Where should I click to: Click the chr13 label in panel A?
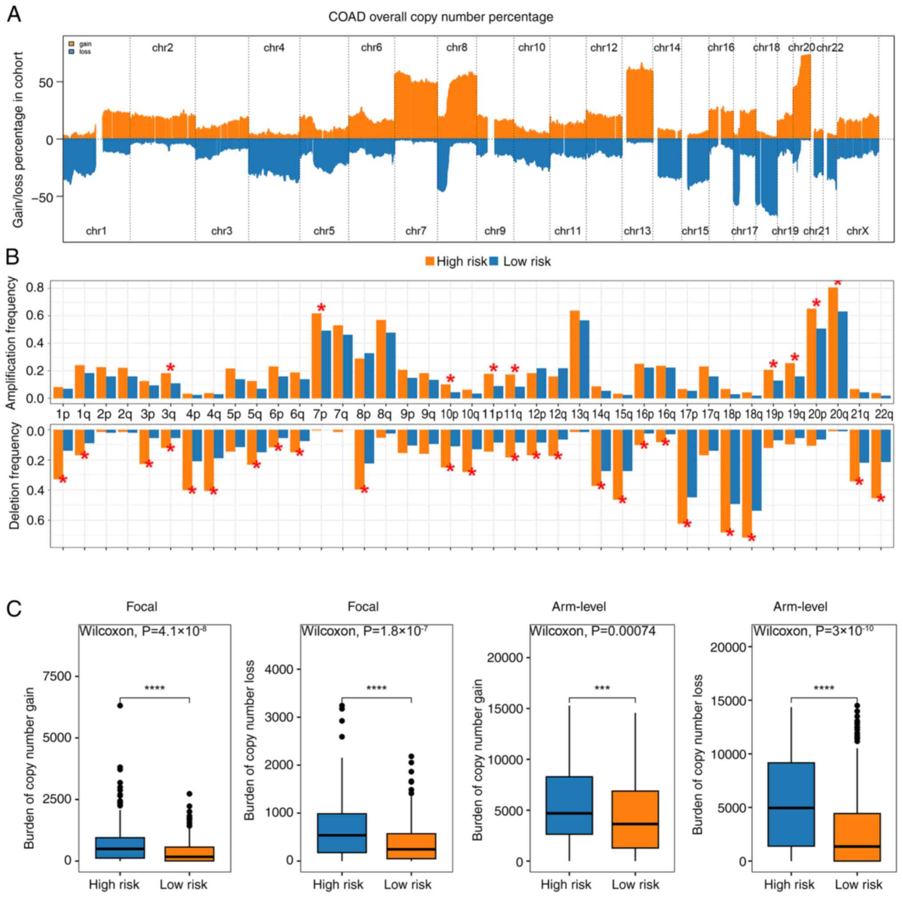tap(637, 231)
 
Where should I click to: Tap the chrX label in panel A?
tap(857, 231)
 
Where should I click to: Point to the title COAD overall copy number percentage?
tap(441, 17)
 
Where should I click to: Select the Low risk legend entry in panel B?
tap(526, 262)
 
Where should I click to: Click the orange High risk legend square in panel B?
tap(430, 261)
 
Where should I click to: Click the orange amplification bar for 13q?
tap(575, 354)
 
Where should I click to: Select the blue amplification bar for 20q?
tap(842, 355)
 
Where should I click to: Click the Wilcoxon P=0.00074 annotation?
tap(592, 631)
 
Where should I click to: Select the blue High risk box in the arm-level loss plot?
tap(791, 804)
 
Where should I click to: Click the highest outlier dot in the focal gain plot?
tap(120, 705)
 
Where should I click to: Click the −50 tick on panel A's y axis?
tap(44, 197)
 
